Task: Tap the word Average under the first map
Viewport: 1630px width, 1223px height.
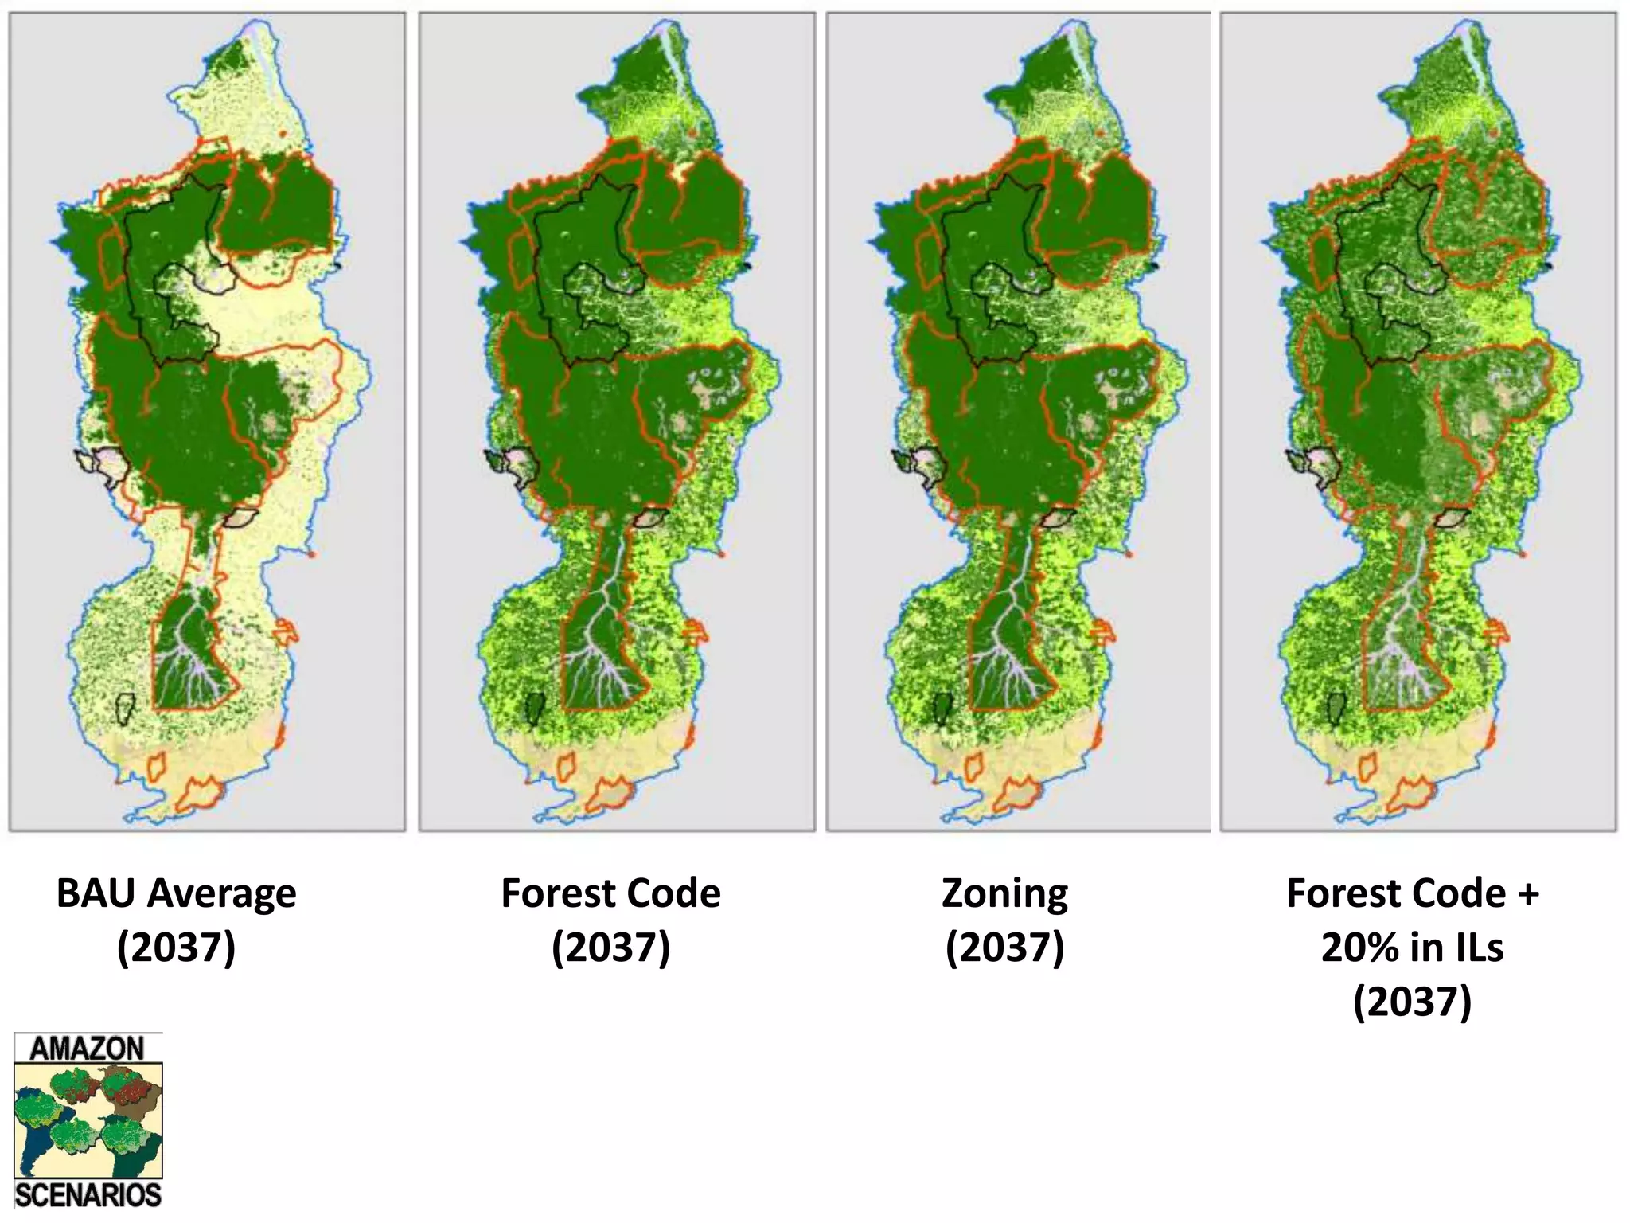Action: [222, 893]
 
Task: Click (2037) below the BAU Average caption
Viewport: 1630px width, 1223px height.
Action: [176, 948]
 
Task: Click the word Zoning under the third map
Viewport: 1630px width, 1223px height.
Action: [1004, 893]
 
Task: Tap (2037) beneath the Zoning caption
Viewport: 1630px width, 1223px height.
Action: [1004, 948]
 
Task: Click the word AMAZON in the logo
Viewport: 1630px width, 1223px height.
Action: [88, 1048]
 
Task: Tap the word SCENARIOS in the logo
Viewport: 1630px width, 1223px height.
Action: [88, 1195]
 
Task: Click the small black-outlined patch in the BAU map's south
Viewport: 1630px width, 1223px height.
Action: [124, 708]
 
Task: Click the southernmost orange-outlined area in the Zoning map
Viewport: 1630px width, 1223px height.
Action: [1019, 795]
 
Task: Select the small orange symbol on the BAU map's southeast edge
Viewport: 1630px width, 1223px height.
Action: [285, 631]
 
